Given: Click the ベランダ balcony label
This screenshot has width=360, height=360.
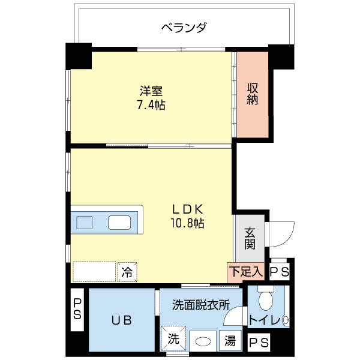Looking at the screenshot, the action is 184,28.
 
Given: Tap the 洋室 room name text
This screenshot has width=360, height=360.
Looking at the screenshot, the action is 151,91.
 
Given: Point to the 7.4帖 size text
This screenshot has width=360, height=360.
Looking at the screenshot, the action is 151,105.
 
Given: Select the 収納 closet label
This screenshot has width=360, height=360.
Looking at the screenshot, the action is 253,94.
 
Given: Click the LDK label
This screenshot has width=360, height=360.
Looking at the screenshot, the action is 188,209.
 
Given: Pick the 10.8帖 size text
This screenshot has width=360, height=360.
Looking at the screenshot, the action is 188,223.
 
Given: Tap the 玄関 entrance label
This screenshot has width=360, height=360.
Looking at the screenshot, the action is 250,239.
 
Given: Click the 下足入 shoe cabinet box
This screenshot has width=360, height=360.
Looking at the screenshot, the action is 245,272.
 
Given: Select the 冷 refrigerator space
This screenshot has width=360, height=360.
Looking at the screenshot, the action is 127,272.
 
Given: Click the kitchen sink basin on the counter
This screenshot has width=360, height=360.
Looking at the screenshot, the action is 84,223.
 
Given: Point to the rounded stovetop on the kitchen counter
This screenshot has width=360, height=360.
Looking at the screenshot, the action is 119,223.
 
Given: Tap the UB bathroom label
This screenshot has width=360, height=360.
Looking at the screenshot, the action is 122,320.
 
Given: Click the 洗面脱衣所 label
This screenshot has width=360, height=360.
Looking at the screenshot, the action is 201,305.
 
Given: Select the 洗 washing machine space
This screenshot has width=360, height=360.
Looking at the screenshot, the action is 173,338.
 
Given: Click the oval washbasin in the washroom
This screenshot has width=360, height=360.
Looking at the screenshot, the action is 203,341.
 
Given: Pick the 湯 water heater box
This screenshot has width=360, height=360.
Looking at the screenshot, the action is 230,341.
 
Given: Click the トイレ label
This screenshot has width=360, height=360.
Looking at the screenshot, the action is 265,320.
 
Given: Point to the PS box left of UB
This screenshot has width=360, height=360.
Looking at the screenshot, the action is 77,309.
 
